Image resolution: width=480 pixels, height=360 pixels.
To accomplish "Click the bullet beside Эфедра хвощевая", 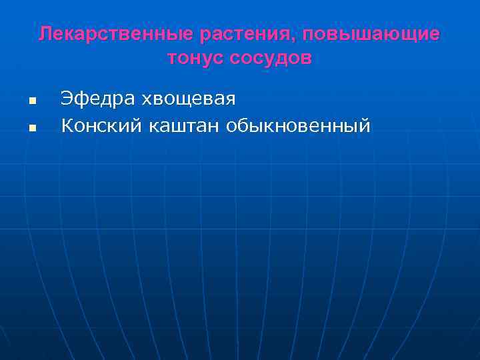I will (x=31, y=101).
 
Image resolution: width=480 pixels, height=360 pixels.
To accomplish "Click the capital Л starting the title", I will (x=45, y=34).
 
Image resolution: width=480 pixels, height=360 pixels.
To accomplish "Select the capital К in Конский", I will (x=67, y=125).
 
